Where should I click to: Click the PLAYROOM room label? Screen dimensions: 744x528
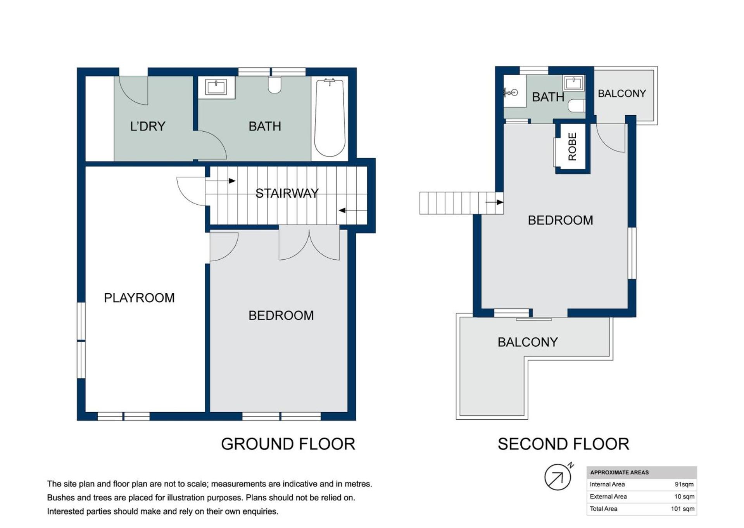139,298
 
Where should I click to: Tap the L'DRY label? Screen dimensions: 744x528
148,126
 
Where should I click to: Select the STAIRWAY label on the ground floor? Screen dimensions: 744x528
287,193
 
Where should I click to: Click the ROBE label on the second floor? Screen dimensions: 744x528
572,146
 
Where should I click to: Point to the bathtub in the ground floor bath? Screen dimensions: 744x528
330,118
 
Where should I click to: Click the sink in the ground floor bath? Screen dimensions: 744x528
217,87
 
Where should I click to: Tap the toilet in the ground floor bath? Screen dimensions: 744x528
274,85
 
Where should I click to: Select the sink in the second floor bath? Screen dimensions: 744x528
574,83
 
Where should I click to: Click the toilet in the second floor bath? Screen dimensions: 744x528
577,106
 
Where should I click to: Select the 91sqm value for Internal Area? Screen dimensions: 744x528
684,484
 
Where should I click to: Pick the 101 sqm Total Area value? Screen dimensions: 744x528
682,509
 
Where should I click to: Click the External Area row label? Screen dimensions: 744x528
608,497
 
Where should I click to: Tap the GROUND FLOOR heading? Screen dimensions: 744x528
288,444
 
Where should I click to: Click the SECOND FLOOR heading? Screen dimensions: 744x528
563,444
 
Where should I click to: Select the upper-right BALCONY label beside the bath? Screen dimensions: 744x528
622,94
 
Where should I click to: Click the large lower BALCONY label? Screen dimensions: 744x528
528,342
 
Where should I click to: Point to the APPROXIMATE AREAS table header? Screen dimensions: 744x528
619,472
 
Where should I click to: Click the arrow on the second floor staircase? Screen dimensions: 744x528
494,202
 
